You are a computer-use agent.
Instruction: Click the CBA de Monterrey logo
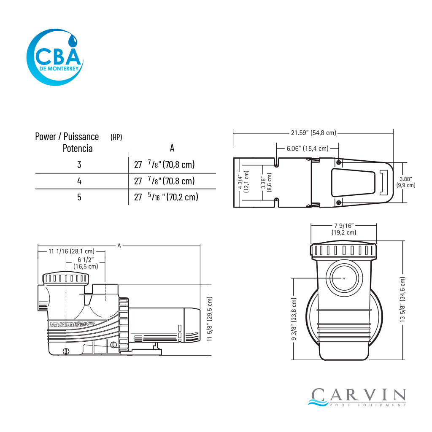(55, 57)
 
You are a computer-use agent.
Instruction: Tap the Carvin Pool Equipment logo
(357, 397)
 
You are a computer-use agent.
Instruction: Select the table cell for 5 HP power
(79, 197)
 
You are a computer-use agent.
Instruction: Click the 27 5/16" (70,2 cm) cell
(166, 197)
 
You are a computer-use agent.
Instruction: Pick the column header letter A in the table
(172, 148)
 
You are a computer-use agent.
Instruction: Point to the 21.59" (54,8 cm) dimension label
(313, 133)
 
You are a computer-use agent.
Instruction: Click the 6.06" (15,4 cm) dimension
(308, 148)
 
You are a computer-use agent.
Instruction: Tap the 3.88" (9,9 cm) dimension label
(406, 182)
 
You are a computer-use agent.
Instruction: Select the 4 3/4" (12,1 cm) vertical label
(243, 181)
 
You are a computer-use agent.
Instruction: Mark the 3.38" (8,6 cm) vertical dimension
(267, 182)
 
